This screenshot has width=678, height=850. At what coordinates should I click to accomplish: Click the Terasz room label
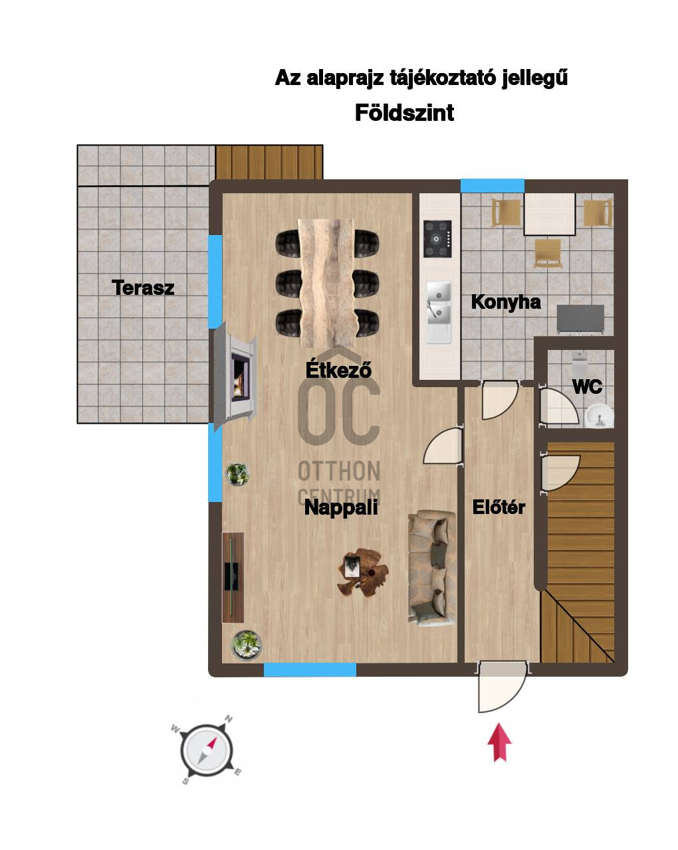point(143,287)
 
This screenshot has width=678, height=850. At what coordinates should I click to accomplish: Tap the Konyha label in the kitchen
point(505,302)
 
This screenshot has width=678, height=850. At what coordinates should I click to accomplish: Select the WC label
point(587,386)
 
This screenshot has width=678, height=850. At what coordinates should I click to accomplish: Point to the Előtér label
point(499,507)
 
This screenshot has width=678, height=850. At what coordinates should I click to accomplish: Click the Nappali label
point(341,507)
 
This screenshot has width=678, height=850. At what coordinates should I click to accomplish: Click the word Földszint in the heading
point(404,113)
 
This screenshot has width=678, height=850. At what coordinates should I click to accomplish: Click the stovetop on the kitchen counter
point(437,238)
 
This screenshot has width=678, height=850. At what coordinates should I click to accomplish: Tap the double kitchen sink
point(438,312)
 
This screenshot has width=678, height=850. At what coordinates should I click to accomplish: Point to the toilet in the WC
point(580,364)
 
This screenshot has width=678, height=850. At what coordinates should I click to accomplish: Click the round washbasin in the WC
point(599,416)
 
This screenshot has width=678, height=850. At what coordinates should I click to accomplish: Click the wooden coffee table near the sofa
point(362,572)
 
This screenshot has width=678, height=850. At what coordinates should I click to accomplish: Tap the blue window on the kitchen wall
point(492,186)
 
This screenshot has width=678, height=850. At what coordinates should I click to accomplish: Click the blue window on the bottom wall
point(310,669)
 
